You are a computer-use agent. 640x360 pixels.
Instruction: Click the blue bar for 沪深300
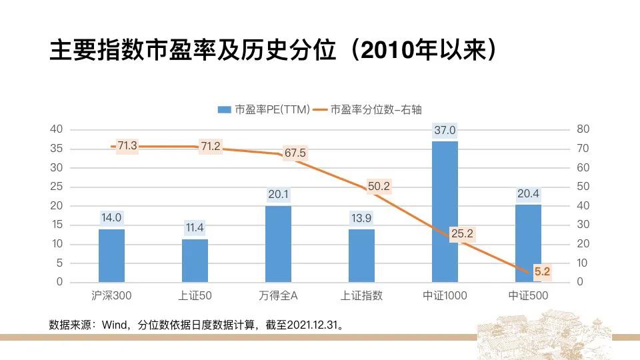[x=111, y=255]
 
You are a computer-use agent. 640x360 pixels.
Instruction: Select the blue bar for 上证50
[x=195, y=260]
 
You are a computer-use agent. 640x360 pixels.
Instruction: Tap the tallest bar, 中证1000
[x=445, y=211]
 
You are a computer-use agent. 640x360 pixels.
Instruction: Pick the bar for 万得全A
[x=278, y=243]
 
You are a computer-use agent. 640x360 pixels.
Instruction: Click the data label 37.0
[x=445, y=131]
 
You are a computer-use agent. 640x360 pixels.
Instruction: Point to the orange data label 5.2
[x=541, y=271]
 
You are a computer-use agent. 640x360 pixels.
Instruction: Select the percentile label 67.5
[x=295, y=153]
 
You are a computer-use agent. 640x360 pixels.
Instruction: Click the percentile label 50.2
[x=378, y=187]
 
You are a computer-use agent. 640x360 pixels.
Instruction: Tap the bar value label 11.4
[x=195, y=228]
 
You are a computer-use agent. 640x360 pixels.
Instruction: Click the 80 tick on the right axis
[x=583, y=129]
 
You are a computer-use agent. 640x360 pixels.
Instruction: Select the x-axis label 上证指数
[x=361, y=295]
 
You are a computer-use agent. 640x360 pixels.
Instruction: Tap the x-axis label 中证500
[x=528, y=295]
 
